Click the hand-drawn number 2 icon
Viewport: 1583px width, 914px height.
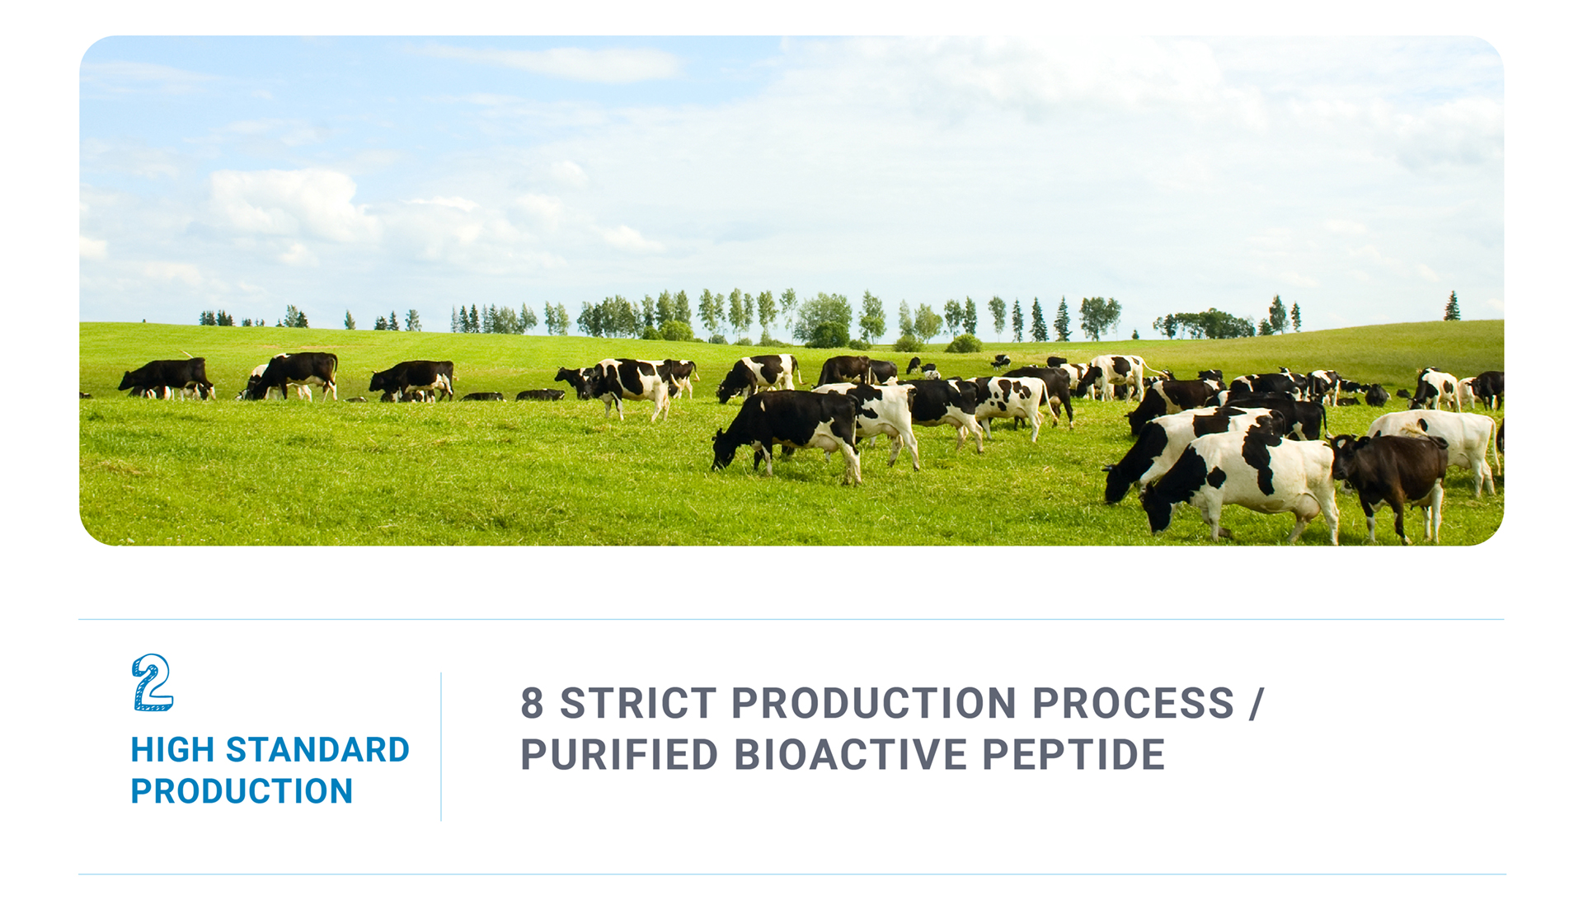pyautogui.click(x=153, y=682)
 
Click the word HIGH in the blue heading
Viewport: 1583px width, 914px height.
pyautogui.click(x=172, y=750)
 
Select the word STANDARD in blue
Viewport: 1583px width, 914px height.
pyautogui.click(x=317, y=750)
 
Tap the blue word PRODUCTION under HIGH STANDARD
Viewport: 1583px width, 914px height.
pyautogui.click(x=242, y=791)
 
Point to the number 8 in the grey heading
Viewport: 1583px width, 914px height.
pyautogui.click(x=533, y=703)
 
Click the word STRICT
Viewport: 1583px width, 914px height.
pyautogui.click(x=638, y=703)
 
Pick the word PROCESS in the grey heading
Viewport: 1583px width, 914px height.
pyautogui.click(x=1134, y=703)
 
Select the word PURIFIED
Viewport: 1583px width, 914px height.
pyautogui.click(x=619, y=754)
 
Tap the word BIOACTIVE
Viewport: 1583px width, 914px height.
pyautogui.click(x=850, y=754)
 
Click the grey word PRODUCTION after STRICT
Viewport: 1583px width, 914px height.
pyautogui.click(x=874, y=703)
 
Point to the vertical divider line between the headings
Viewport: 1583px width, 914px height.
pyautogui.click(x=441, y=747)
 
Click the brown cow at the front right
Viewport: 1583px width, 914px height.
pyautogui.click(x=1390, y=482)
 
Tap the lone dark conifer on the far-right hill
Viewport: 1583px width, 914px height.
pyautogui.click(x=1452, y=307)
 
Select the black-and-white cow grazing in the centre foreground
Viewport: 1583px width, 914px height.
pyautogui.click(x=787, y=433)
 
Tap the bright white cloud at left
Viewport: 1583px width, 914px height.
pyautogui.click(x=289, y=206)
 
